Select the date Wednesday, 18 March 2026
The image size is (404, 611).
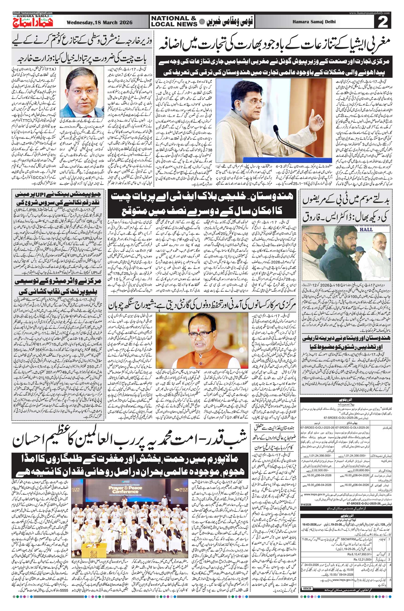pyautogui.click(x=99, y=22)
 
